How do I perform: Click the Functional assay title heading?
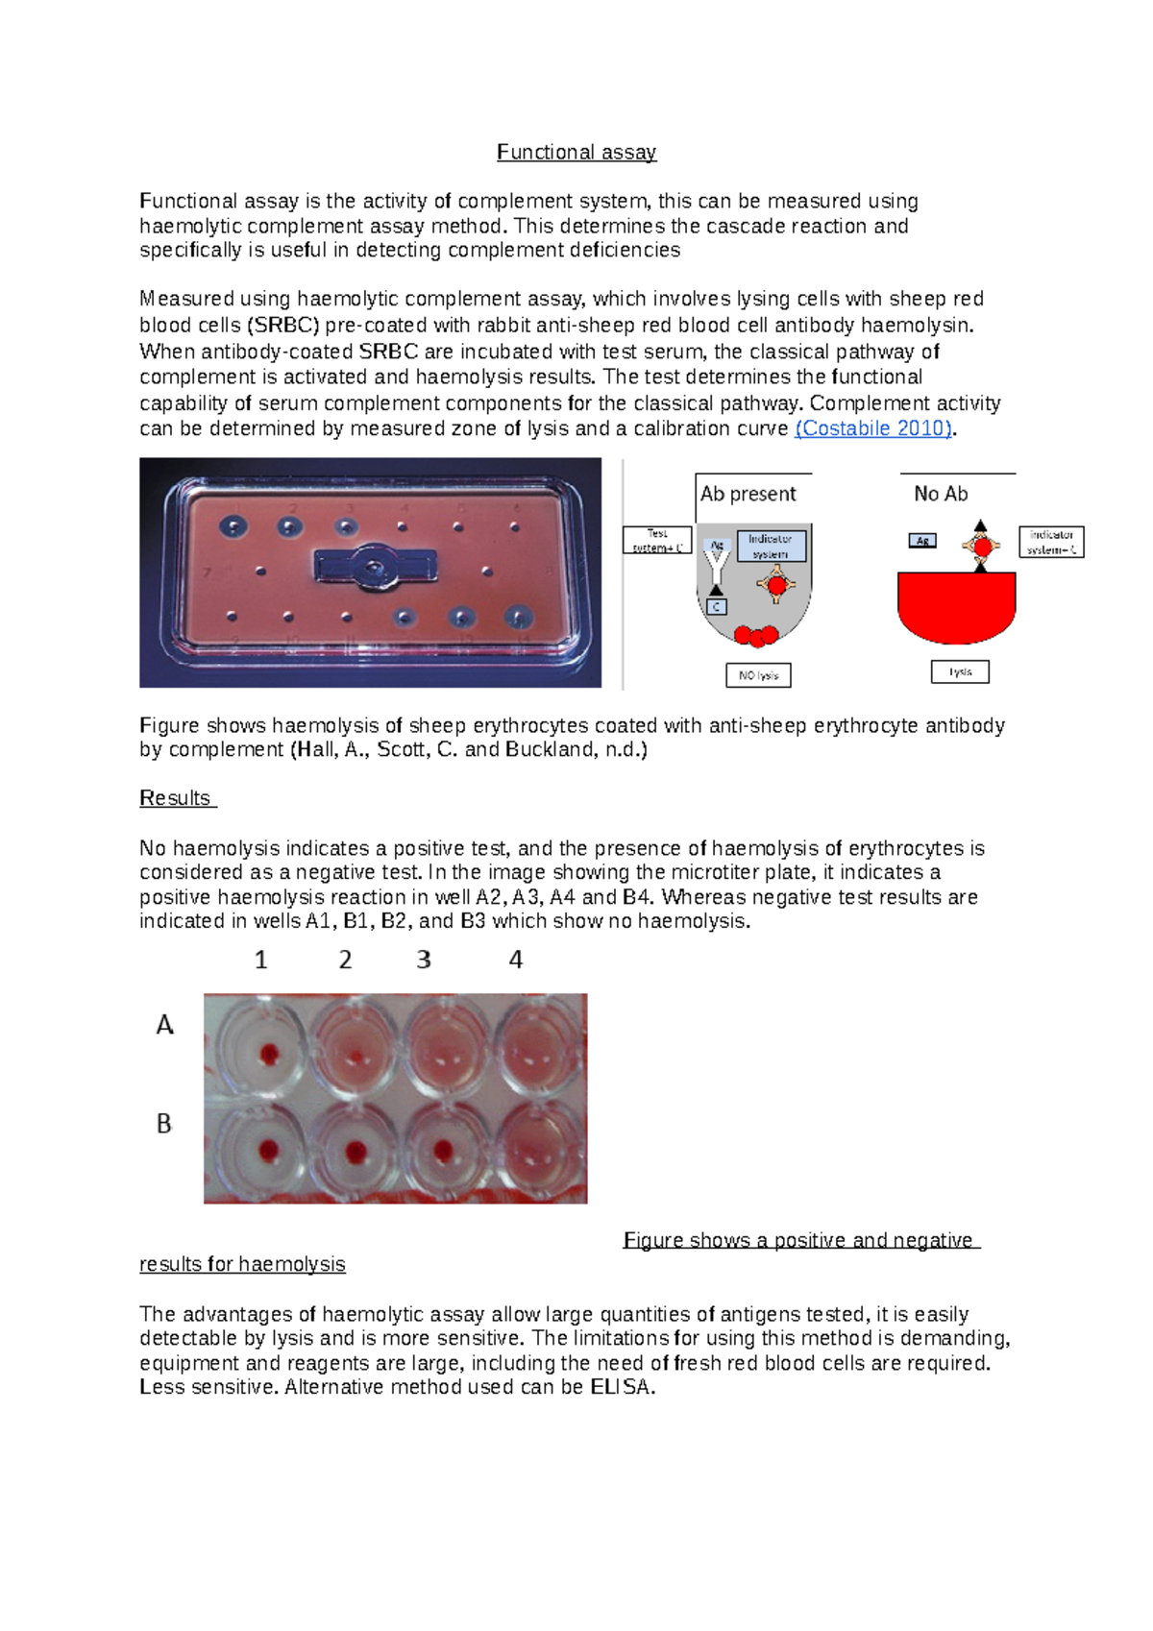(576, 152)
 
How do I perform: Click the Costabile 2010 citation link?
(873, 428)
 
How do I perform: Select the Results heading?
(176, 798)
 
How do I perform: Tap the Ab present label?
(748, 494)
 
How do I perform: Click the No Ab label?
(941, 494)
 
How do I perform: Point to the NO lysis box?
(758, 675)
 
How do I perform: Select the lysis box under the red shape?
(960, 671)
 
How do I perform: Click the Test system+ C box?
(657, 540)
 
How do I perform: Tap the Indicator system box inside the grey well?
(771, 546)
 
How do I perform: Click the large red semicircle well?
(956, 608)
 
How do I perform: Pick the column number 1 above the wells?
(260, 960)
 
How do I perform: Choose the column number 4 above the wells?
(516, 960)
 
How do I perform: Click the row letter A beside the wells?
(164, 1025)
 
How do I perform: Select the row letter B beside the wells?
(164, 1123)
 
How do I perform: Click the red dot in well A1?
(269, 1055)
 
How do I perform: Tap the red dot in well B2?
(356, 1151)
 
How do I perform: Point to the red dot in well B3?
(443, 1150)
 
